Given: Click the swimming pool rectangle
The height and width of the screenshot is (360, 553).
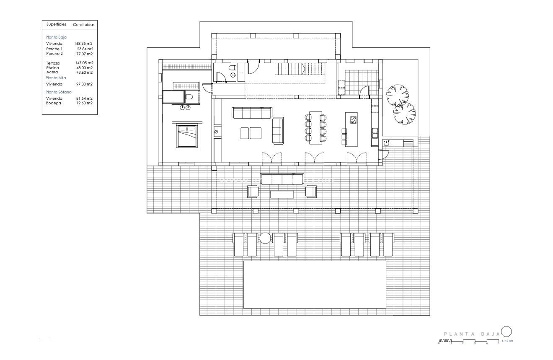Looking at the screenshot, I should coord(315,284).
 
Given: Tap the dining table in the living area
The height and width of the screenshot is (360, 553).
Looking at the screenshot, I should coord(316,128).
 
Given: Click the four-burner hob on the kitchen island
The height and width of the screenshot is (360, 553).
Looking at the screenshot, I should coord(353,120).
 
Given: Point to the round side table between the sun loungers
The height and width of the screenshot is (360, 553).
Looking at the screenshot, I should coord(265,238).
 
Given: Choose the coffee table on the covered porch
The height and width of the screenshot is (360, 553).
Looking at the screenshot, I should coord(282,194).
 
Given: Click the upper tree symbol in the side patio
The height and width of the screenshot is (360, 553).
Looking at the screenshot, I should coord(397,95).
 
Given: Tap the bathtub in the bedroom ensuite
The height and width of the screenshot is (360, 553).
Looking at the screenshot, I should coord(173,98).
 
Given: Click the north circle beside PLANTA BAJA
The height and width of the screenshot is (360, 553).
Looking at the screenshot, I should coord(506,332).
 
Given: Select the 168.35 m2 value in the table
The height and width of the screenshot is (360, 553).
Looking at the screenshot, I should coord(83,43).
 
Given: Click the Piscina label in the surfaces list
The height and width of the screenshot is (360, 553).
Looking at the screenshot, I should coord(52,67).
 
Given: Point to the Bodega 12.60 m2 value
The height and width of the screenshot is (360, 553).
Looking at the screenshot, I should coord(84,103).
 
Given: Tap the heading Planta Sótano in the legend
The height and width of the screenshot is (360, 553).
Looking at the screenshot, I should coord(59,92).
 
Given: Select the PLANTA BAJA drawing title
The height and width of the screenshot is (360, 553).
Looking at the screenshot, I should coord(471,334).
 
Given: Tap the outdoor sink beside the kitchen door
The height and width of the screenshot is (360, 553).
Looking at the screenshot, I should coord(386,143).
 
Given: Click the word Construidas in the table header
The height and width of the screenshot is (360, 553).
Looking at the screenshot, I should coord(84,25).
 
